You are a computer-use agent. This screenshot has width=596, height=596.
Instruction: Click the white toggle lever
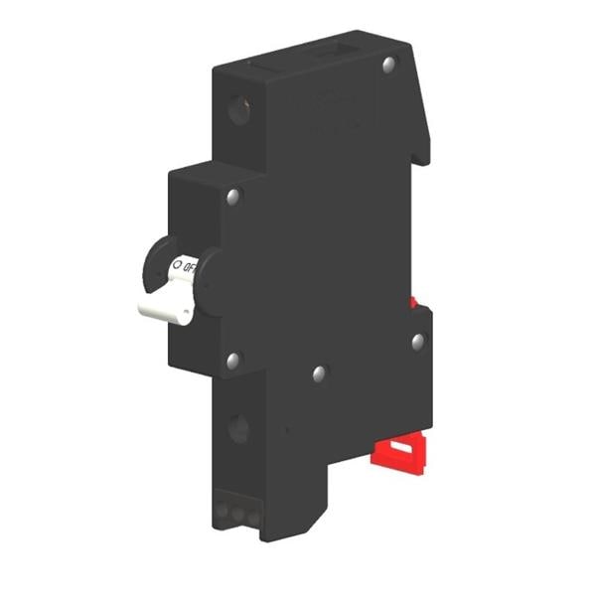click(169, 303)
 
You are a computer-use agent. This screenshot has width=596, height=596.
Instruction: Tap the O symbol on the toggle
click(177, 265)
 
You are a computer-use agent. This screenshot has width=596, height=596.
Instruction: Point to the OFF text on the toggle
click(190, 265)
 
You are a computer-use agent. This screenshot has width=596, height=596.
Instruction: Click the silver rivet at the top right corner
click(389, 66)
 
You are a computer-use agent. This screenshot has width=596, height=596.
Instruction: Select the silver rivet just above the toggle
click(233, 196)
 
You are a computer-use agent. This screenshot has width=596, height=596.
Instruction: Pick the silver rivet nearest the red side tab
click(418, 341)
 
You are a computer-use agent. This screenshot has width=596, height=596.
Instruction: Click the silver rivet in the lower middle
click(319, 374)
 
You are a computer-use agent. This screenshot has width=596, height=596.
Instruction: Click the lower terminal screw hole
click(238, 429)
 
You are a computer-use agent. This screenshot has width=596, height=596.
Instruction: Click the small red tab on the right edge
click(412, 301)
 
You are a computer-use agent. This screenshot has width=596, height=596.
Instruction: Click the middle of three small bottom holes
click(237, 515)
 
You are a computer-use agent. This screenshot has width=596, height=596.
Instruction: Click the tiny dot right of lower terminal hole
click(286, 431)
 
